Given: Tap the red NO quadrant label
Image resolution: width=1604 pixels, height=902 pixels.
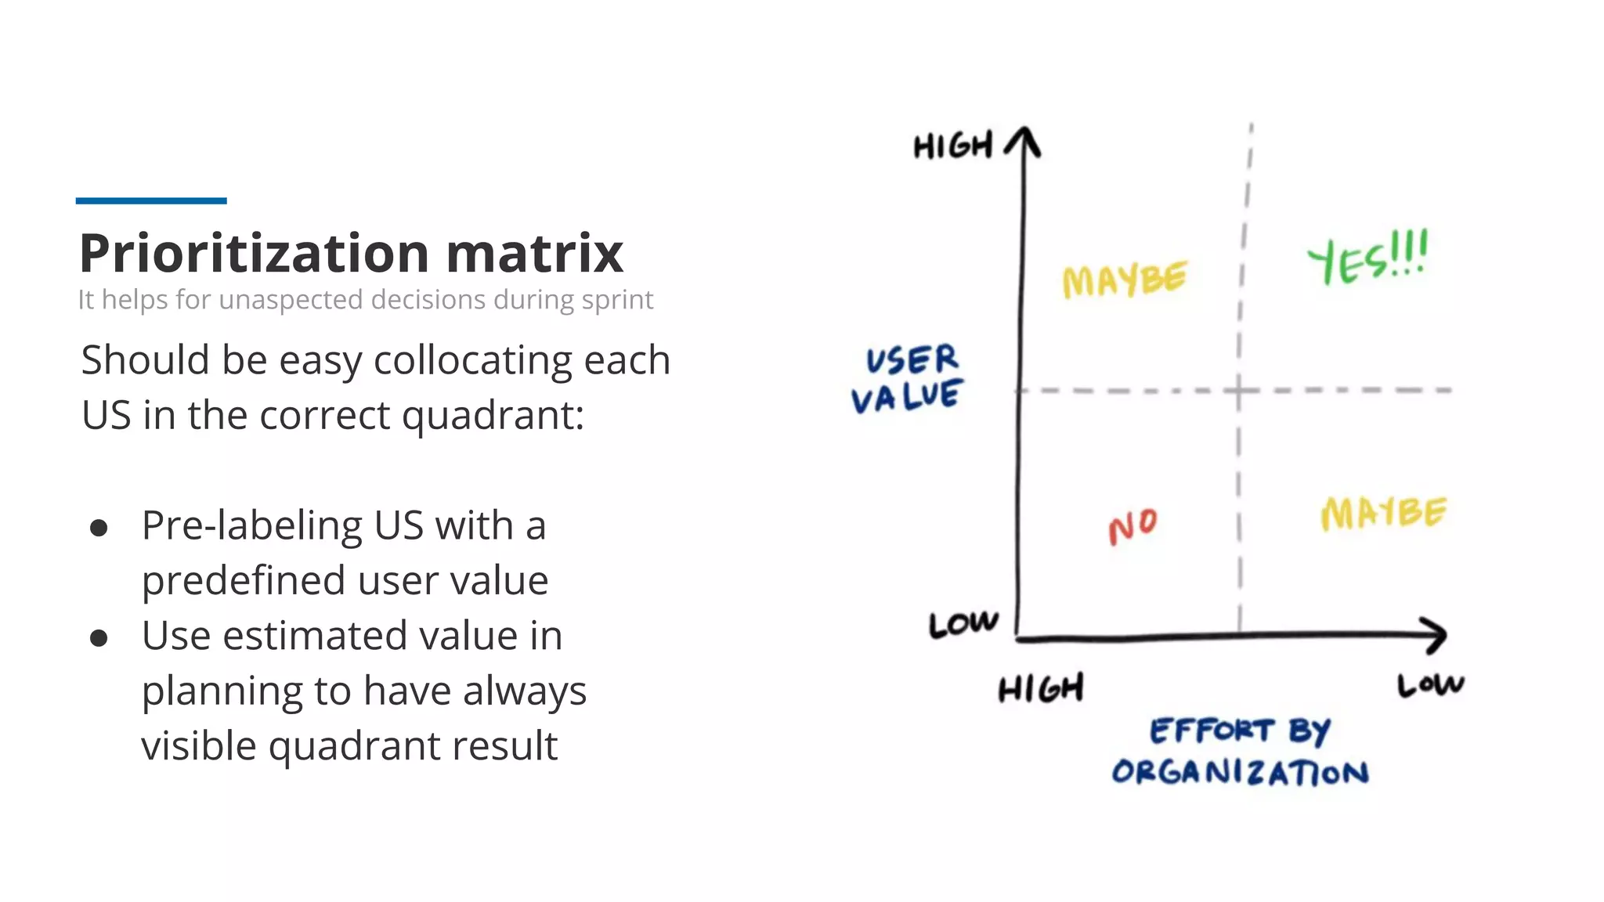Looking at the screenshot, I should click(1133, 526).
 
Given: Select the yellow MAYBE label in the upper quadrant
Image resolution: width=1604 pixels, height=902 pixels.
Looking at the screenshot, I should click(1124, 280).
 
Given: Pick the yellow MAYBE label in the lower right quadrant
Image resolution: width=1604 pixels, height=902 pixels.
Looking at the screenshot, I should click(1383, 514).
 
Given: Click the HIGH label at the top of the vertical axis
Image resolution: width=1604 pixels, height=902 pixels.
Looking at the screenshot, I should click(953, 146).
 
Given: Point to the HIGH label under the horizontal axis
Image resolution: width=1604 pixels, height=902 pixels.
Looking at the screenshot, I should click(1041, 689).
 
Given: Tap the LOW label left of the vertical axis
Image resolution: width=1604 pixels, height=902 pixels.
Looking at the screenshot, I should click(963, 624).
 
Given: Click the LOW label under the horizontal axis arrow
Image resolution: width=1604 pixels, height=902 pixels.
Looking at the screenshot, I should click(1430, 685).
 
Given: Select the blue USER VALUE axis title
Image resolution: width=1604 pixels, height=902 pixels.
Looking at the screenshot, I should click(909, 379).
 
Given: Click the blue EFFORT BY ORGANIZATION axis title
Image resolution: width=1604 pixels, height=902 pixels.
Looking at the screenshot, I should click(1241, 752).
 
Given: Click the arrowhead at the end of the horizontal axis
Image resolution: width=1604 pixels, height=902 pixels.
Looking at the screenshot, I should click(1435, 635).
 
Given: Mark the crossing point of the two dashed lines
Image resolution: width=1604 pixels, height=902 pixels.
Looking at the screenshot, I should click(1239, 389).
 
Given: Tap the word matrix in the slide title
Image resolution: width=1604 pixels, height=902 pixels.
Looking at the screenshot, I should click(535, 254).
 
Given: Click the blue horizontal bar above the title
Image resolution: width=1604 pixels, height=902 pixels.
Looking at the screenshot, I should click(151, 201).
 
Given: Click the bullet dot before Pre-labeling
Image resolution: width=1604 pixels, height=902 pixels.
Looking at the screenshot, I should click(99, 528).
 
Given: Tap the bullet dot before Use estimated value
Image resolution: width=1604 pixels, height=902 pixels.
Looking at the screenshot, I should click(99, 638).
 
